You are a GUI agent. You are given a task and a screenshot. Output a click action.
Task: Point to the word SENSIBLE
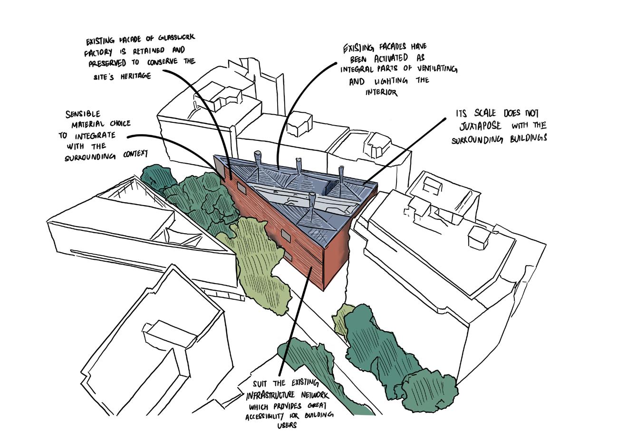[83, 114]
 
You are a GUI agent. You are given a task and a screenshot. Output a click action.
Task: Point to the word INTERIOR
[381, 92]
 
